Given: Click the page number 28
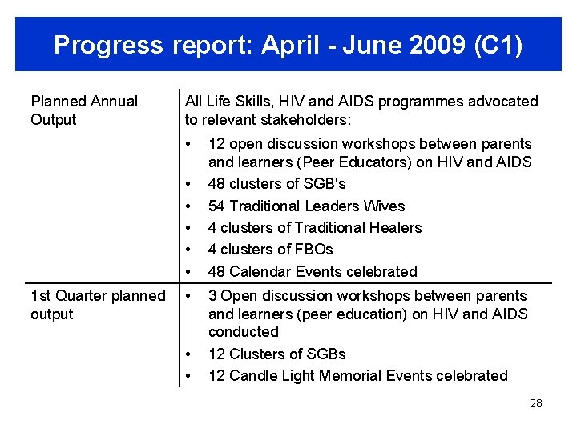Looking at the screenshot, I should click(x=536, y=403).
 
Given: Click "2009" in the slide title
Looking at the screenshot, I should click(x=429, y=46).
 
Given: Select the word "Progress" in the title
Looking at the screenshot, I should click(x=108, y=46).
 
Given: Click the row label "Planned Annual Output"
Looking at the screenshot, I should click(x=84, y=110).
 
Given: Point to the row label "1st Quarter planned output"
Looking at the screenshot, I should click(x=98, y=305).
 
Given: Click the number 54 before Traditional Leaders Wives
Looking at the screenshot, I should click(x=216, y=206).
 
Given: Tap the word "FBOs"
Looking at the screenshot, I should click(x=314, y=249).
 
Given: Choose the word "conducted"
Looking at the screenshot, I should click(x=243, y=331).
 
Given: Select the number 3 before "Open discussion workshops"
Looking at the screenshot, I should click(x=212, y=295).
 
